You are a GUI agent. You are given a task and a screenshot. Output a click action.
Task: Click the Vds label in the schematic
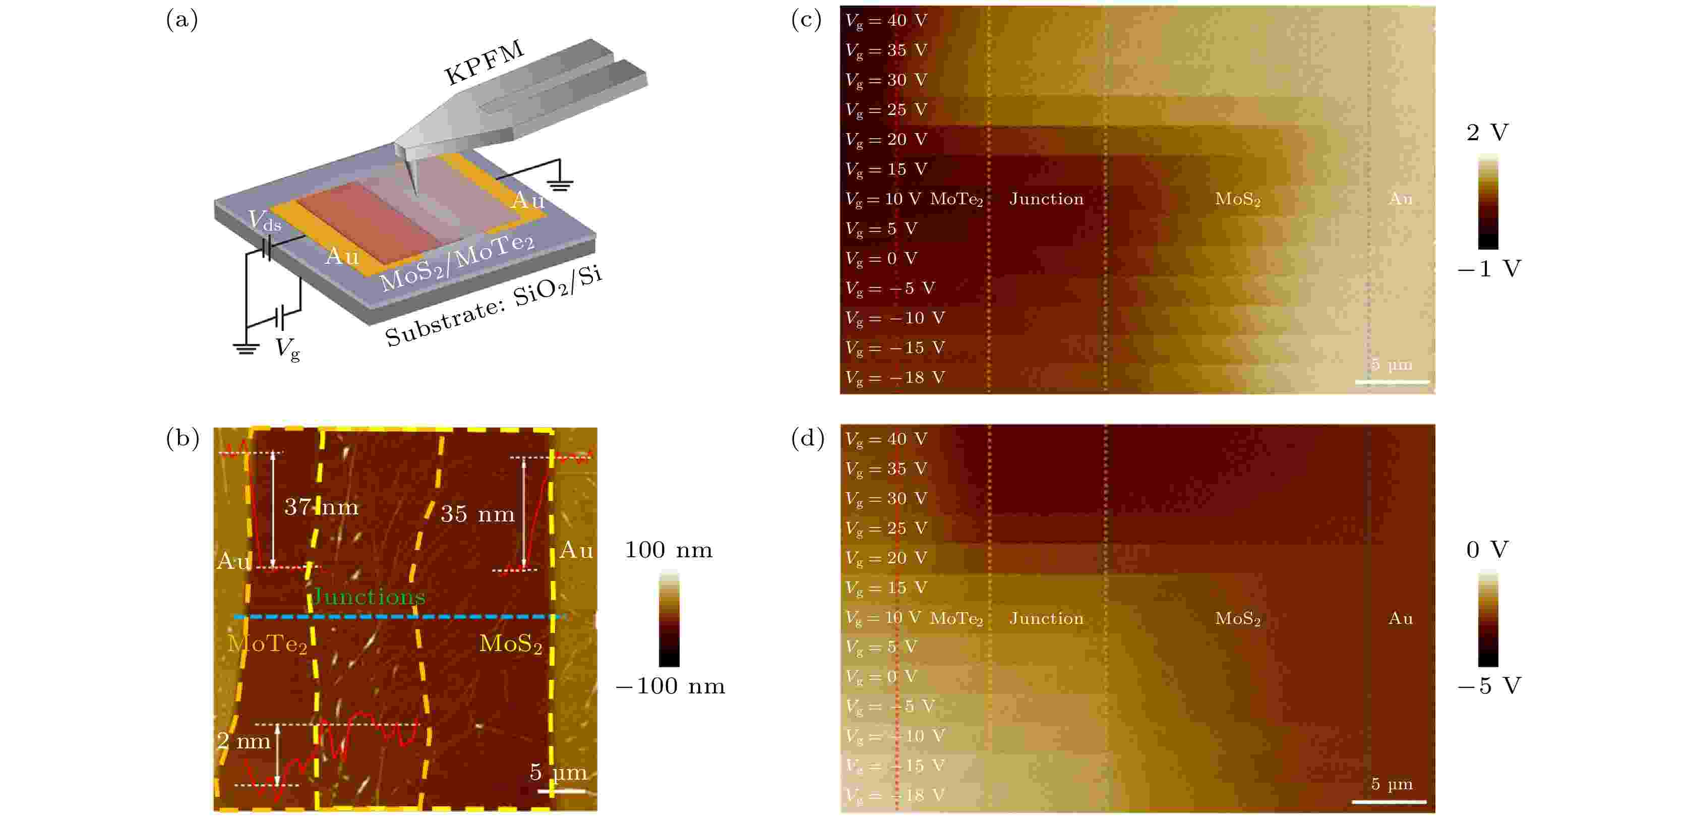pos(265,221)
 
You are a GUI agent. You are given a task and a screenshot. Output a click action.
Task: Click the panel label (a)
pos(182,20)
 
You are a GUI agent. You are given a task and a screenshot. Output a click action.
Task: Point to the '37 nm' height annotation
pos(321,506)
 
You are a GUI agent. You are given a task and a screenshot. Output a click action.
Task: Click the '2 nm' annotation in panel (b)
pos(244,741)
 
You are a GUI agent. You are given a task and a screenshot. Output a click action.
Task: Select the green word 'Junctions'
pos(369,596)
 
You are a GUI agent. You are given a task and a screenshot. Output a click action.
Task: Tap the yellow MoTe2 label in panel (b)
pos(267,643)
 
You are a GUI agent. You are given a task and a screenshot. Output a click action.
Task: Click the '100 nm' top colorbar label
pos(668,550)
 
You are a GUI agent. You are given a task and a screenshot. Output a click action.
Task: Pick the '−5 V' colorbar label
pos(1488,686)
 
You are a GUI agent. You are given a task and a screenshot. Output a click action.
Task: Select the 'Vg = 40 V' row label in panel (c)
pos(886,20)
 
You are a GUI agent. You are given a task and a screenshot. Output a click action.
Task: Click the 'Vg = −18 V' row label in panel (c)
pos(894,377)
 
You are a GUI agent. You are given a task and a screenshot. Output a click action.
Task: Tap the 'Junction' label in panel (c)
pos(1046,199)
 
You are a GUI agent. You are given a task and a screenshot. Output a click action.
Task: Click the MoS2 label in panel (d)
pos(1237,618)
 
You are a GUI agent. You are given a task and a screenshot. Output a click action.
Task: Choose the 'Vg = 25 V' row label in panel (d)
pos(886,528)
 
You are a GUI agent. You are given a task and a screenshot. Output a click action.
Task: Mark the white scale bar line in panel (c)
pos(1392,381)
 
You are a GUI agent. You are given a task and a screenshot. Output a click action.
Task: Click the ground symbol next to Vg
pos(246,348)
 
